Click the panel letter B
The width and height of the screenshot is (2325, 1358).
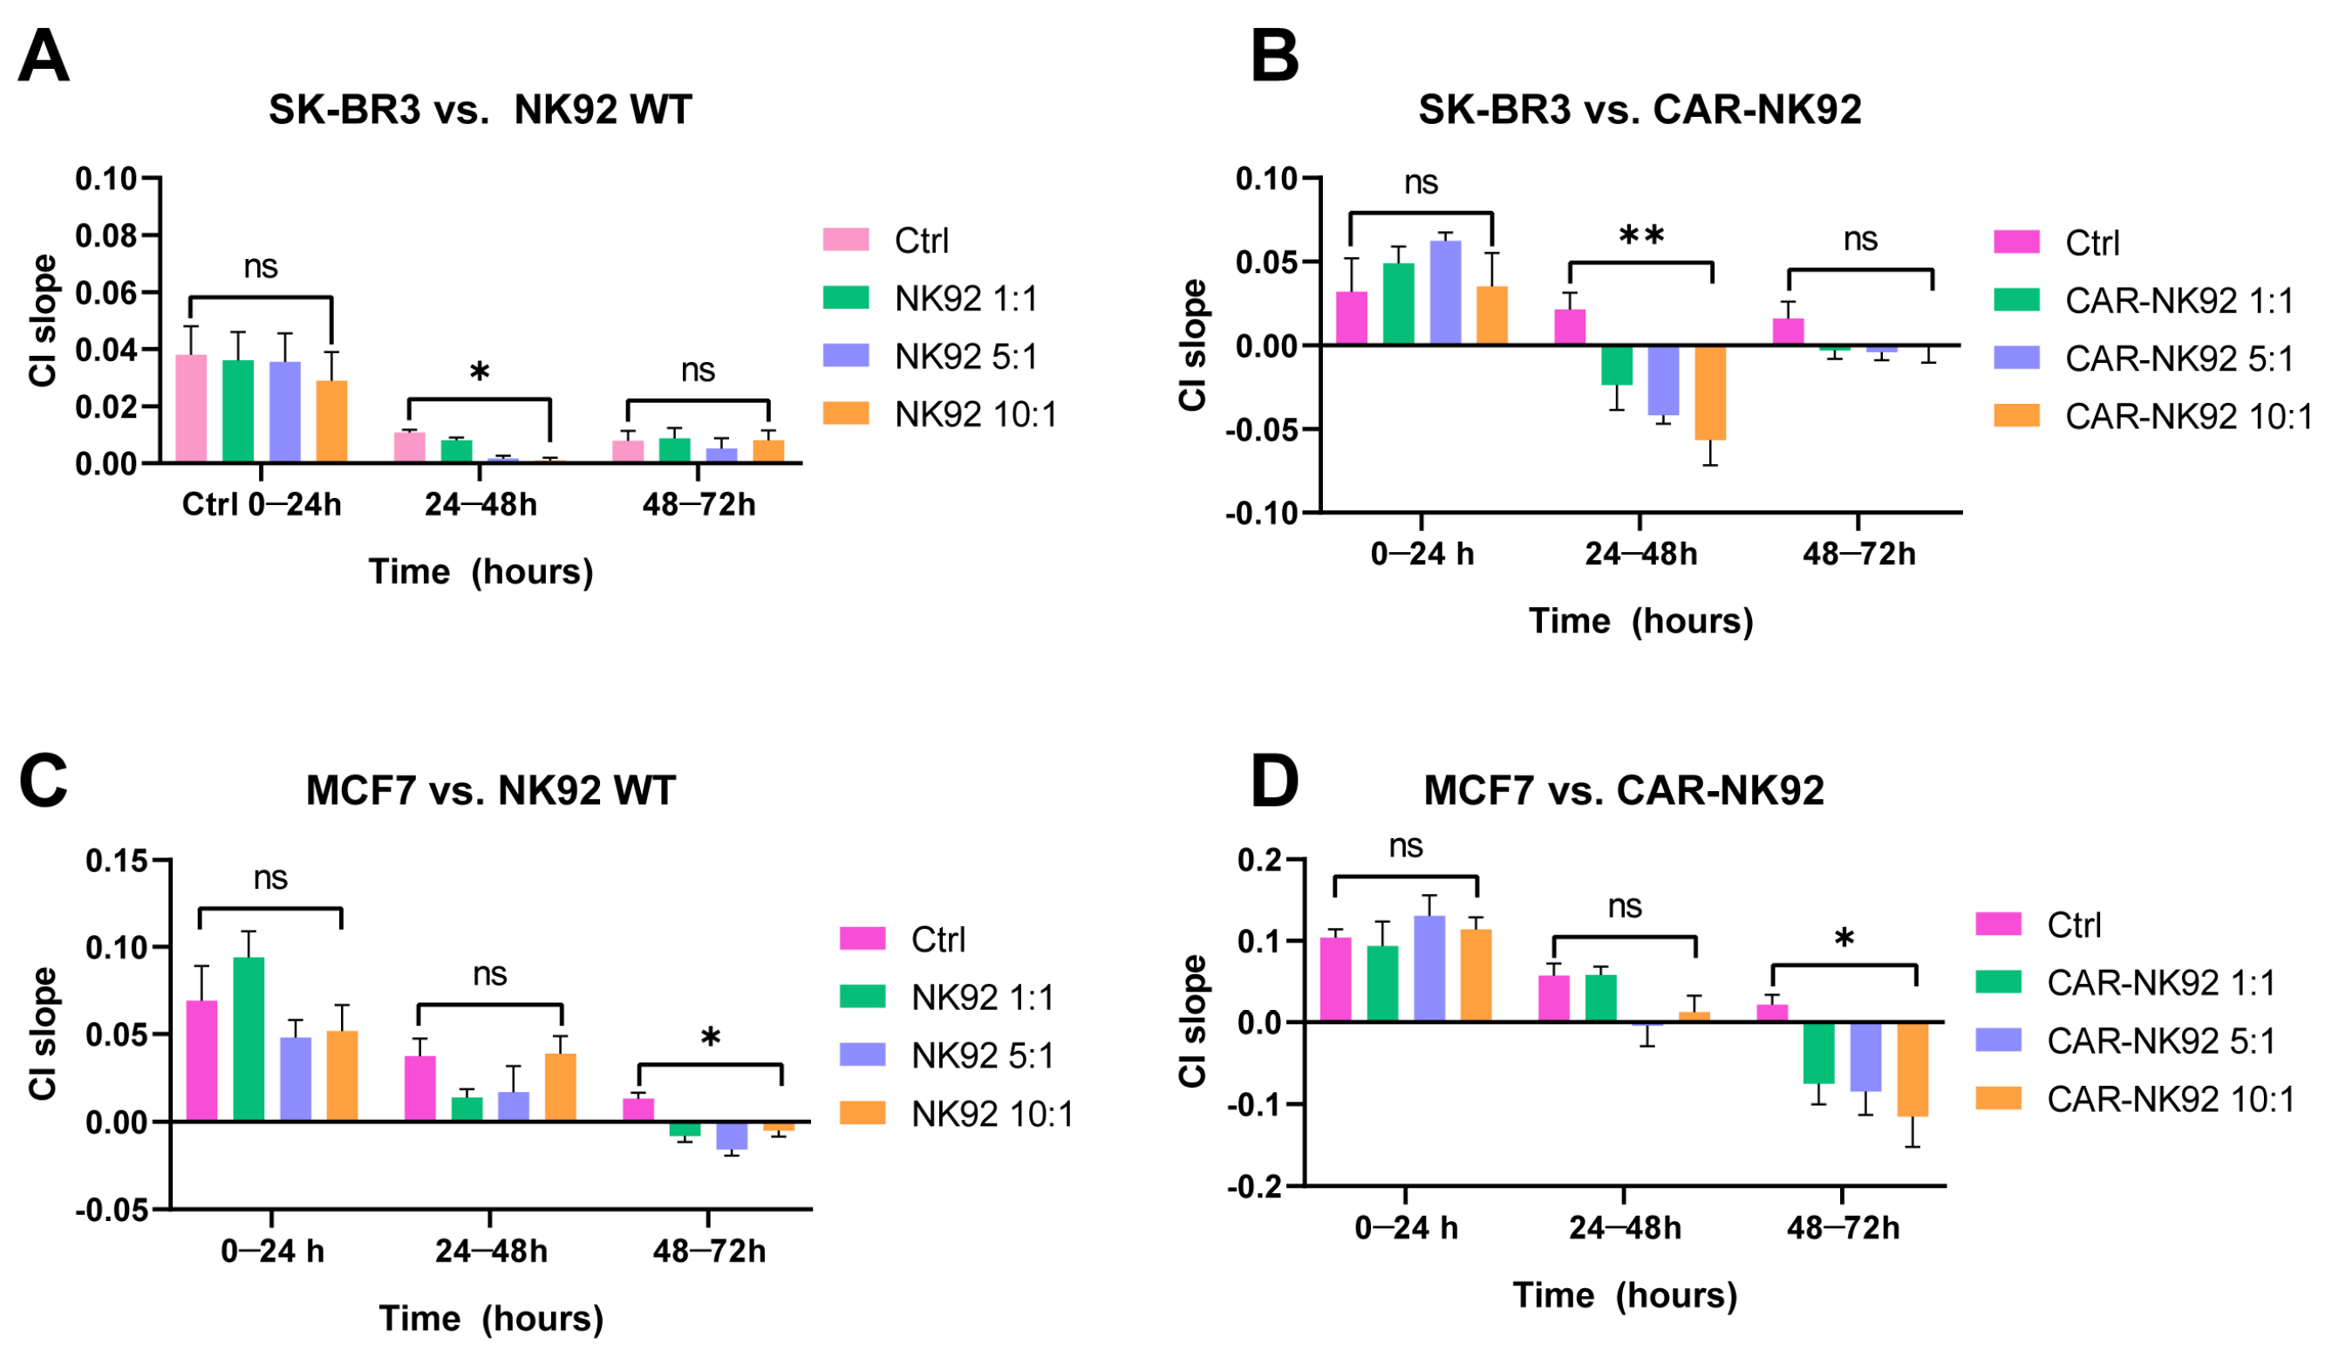click(x=1274, y=58)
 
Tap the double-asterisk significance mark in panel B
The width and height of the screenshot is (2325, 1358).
click(x=1641, y=235)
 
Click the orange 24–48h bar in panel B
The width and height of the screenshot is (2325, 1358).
click(x=1709, y=392)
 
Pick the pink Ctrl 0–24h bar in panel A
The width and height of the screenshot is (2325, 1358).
click(x=191, y=408)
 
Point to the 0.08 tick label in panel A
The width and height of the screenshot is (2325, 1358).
click(x=106, y=236)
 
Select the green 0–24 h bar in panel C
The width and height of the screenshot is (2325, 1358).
click(x=249, y=1039)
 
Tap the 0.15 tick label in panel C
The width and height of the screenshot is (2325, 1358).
click(x=116, y=862)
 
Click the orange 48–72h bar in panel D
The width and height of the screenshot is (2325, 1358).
click(x=1912, y=1070)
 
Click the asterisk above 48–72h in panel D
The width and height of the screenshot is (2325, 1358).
click(x=1844, y=940)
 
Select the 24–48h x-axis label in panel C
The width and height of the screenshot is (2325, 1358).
click(x=491, y=1252)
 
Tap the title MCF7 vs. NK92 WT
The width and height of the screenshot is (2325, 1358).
click(x=491, y=790)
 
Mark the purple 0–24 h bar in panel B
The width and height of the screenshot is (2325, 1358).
click(x=1445, y=292)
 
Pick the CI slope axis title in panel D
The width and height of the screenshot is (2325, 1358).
click(x=1192, y=1021)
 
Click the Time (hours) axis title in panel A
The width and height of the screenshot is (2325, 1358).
click(x=481, y=572)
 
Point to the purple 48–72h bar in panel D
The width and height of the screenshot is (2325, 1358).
click(x=1865, y=1057)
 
